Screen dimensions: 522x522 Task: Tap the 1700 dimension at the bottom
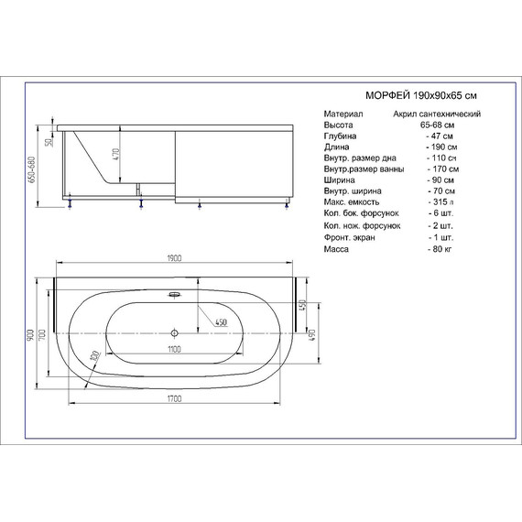tap(173, 397)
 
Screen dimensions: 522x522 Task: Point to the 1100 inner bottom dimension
tap(173, 349)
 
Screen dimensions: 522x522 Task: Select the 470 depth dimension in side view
tap(117, 155)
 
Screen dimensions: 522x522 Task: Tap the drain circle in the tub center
tap(175, 332)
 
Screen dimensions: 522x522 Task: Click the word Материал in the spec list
tap(343, 114)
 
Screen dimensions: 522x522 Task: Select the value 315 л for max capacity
tap(441, 202)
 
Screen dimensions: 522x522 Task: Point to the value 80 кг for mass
tap(441, 248)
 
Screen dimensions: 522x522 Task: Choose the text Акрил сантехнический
tap(438, 114)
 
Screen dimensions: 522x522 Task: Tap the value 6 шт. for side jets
tap(441, 213)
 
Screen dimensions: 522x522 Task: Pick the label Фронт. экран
tap(349, 236)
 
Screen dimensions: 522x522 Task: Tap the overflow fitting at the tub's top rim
tap(175, 295)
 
